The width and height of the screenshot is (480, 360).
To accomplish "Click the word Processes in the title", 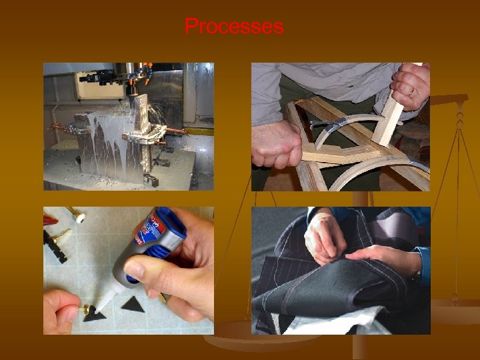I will (234, 27).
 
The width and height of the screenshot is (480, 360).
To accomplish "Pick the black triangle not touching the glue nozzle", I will (133, 305).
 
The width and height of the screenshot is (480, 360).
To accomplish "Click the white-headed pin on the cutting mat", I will (78, 217).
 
